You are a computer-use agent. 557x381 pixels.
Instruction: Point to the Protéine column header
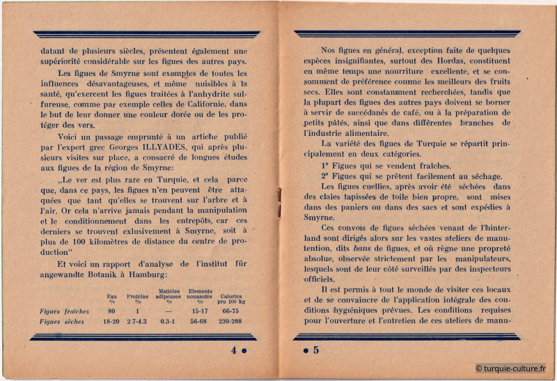(x=138, y=296)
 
